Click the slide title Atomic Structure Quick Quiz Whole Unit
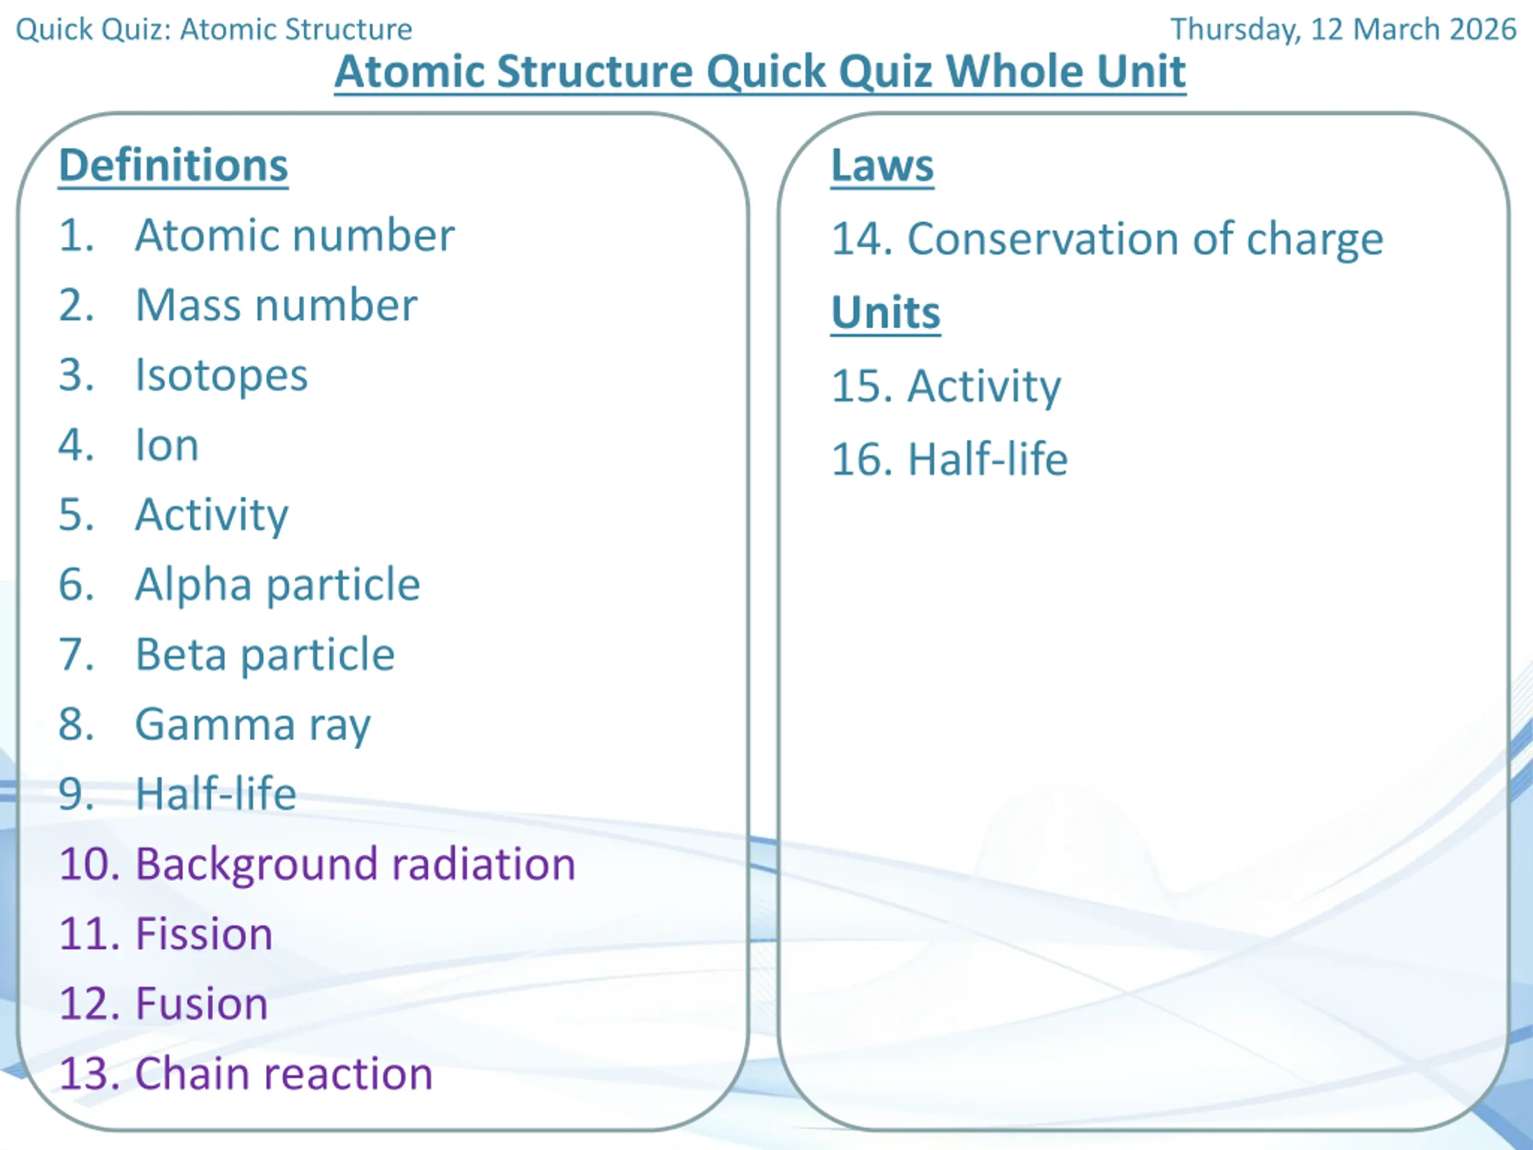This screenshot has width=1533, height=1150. coord(761,72)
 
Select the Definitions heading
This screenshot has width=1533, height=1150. coord(173,167)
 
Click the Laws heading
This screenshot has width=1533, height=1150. coord(882,167)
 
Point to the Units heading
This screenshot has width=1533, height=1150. coord(886,313)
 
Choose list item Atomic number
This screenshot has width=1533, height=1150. coord(295,235)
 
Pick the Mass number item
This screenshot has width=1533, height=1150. coord(277,305)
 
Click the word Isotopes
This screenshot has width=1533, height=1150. coord(221,376)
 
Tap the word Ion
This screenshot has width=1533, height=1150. coord(167,445)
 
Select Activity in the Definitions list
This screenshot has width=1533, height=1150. coord(211,516)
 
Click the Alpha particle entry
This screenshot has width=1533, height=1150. coord(277,586)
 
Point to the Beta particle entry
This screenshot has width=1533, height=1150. coord(265,656)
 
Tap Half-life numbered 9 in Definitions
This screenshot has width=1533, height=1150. coord(216,794)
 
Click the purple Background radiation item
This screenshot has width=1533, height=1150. coord(356,865)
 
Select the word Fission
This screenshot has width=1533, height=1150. coord(204,934)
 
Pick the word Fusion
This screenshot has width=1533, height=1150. coord(202,1004)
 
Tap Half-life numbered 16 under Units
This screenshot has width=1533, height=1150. coord(987,459)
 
